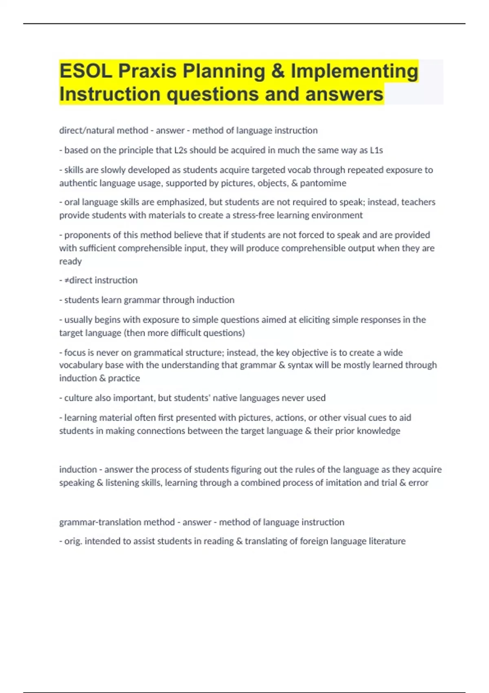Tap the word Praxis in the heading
[148, 71]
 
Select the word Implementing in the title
[354, 71]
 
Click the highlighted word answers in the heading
[344, 94]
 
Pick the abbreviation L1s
[376, 150]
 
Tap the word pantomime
[323, 183]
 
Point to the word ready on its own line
[70, 261]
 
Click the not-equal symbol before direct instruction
[66, 280]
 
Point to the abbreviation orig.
[73, 541]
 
